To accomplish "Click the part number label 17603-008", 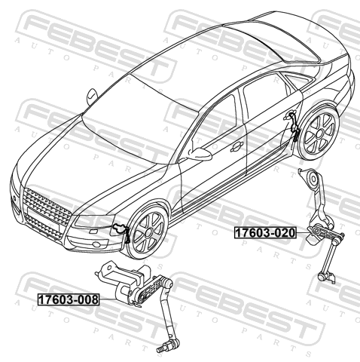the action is (69, 299).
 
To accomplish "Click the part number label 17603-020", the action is (265, 232).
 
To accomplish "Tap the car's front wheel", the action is (148, 233).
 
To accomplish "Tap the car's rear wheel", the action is (320, 133).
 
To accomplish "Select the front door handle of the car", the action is (236, 146).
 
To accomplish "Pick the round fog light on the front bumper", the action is (96, 244).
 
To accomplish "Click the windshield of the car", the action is (141, 118).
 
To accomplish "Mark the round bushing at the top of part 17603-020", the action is (313, 178).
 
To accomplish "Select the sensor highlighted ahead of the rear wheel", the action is (293, 126).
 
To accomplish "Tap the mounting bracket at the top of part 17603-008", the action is (111, 270).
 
